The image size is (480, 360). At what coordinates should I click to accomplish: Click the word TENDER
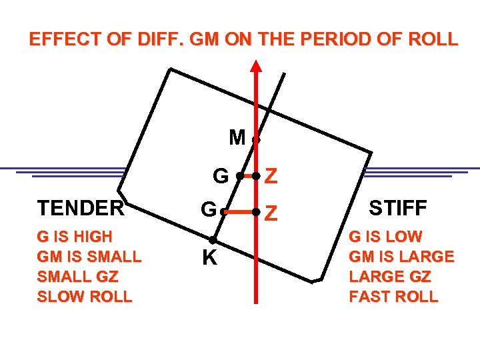81,209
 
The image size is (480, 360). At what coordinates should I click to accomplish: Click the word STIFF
398,209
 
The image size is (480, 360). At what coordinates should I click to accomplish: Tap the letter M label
237,138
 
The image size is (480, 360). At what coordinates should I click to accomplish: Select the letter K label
209,258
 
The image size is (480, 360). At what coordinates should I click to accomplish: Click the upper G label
220,176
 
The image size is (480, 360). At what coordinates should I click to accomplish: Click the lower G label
209,211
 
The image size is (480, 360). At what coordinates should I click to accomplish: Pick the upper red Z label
271,177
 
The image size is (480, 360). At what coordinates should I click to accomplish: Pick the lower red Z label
271,213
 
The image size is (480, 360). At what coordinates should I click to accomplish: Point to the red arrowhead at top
256,65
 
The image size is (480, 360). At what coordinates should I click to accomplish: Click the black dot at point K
212,240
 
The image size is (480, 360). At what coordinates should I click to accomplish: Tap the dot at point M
256,140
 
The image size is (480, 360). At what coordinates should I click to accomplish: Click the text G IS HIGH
75,237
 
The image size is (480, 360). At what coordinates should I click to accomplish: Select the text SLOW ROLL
85,297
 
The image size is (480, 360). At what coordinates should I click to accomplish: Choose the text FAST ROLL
393,297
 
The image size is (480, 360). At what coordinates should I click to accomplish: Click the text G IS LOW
386,237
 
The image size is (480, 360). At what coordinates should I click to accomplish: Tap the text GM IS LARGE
402,257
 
